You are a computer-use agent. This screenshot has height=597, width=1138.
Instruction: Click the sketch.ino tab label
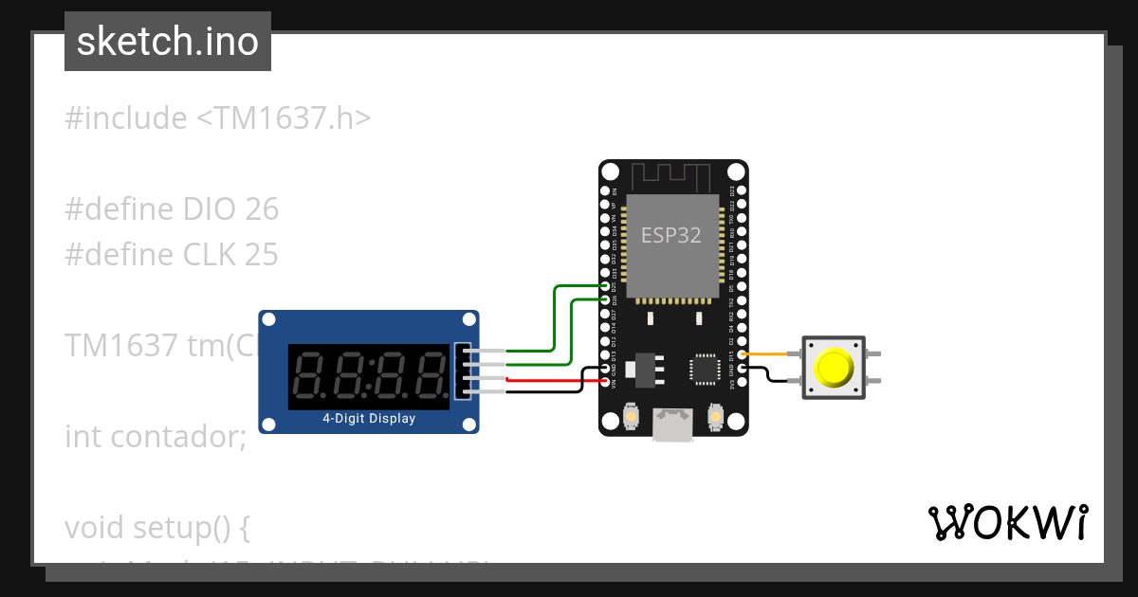pyautogui.click(x=167, y=42)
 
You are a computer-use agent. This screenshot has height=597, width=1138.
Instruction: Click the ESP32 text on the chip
pyautogui.click(x=671, y=235)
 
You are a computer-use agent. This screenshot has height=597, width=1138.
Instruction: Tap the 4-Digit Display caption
pyautogui.click(x=369, y=418)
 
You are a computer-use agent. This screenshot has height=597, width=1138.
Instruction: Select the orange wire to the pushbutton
pyautogui.click(x=770, y=354)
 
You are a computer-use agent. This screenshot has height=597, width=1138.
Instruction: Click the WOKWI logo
pyautogui.click(x=1006, y=523)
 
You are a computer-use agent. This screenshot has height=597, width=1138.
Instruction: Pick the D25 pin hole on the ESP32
pyautogui.click(x=608, y=286)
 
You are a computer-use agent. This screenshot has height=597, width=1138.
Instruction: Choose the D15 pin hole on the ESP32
pyautogui.click(x=741, y=354)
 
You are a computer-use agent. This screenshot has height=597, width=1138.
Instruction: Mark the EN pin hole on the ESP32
pyautogui.click(x=608, y=190)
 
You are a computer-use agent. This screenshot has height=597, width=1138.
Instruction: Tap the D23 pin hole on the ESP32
pyautogui.click(x=741, y=190)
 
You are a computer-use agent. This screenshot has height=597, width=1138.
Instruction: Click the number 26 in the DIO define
pyautogui.click(x=262, y=209)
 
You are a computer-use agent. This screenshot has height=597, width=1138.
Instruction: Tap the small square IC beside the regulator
pyautogui.click(x=706, y=369)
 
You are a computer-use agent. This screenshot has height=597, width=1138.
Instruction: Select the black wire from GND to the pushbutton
pyautogui.click(x=770, y=378)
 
